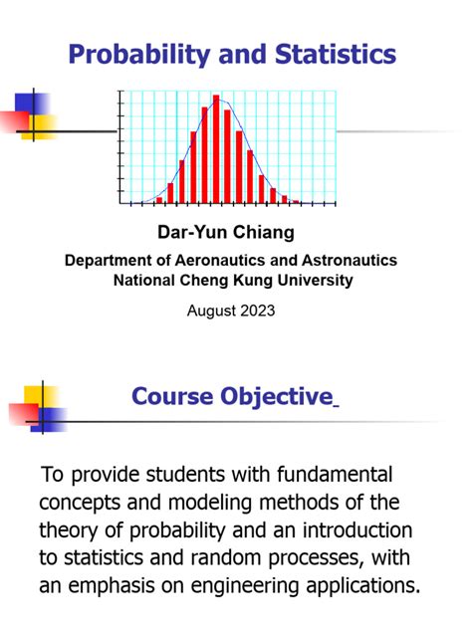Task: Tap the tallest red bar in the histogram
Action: [216, 149]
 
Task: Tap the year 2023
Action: [255, 311]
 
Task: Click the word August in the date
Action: [209, 311]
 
